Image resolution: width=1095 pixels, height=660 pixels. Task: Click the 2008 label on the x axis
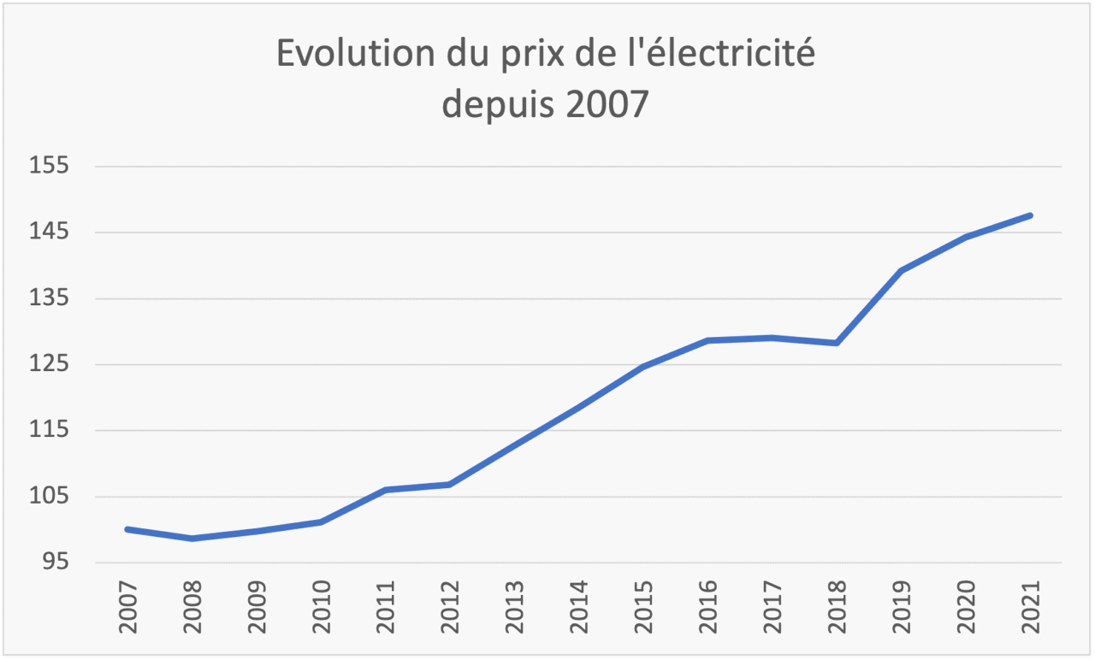click(192, 607)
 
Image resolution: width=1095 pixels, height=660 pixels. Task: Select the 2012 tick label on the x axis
click(451, 607)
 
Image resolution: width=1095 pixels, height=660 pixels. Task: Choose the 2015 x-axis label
click(644, 607)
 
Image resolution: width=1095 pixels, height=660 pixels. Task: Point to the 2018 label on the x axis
click(838, 607)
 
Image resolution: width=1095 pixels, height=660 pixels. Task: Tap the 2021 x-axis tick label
click(1031, 607)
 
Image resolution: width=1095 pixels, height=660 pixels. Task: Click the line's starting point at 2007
click(127, 529)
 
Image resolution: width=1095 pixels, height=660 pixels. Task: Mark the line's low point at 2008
click(192, 539)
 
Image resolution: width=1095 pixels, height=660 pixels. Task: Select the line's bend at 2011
click(386, 490)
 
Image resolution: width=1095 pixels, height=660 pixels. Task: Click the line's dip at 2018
click(837, 343)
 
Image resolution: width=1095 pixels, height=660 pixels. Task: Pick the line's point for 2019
click(902, 270)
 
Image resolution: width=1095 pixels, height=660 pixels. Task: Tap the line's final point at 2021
click(1030, 215)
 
